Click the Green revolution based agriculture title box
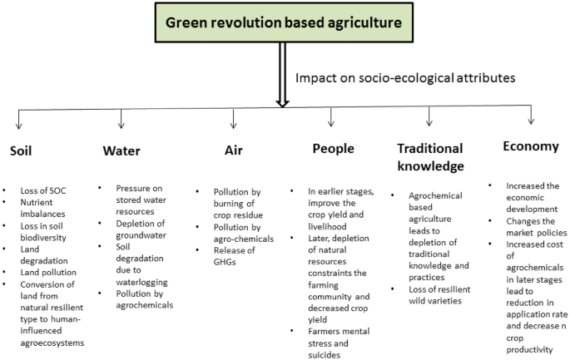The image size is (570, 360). point(284,22)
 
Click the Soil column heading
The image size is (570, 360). point(21,150)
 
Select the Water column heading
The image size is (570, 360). point(121,150)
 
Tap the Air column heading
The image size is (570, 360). point(233,150)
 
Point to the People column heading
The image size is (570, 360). point(334,149)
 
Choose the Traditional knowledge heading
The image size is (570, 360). point(430,157)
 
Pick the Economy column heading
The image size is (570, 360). point(531,146)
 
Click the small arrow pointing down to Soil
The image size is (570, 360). point(19,120)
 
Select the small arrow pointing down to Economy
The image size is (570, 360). point(531,115)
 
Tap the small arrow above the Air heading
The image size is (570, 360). point(233,119)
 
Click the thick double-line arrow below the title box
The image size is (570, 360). point(282,75)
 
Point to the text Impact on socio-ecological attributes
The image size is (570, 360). point(405,78)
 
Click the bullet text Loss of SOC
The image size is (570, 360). point(43,190)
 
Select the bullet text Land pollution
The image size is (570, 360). point(48,273)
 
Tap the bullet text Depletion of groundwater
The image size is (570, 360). point(141,229)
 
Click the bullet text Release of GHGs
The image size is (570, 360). point(234,256)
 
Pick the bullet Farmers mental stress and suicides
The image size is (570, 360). point(339,343)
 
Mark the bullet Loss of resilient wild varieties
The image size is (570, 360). point(439,295)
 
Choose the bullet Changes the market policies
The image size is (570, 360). point(537,227)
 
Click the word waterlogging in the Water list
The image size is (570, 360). point(141,282)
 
